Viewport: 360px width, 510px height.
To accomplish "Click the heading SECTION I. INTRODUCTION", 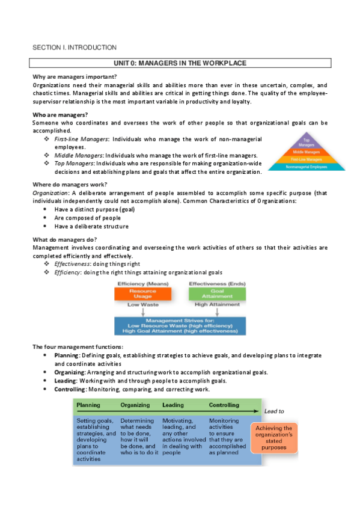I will [74, 47].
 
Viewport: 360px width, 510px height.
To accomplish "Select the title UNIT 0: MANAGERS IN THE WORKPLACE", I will [180, 63].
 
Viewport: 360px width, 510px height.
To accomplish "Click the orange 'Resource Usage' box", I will [142, 293].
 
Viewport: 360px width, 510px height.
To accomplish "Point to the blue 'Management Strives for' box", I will [180, 325].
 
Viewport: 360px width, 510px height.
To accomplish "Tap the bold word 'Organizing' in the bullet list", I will [70, 372].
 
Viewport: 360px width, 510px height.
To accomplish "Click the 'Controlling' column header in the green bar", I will [224, 405].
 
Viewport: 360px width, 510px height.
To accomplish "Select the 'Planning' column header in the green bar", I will [88, 405].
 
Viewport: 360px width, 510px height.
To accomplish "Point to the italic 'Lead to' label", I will [273, 411].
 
